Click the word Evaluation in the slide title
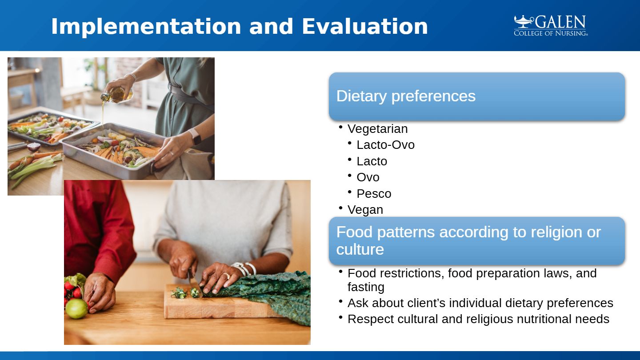365,26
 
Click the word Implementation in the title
146,27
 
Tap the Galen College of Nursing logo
551,25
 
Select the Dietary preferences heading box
477,96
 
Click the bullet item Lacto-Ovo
385,145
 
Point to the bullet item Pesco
374,194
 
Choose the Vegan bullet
365,210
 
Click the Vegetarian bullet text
377,129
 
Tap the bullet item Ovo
368,177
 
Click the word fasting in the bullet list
366,287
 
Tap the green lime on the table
76,308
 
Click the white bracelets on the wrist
244,268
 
